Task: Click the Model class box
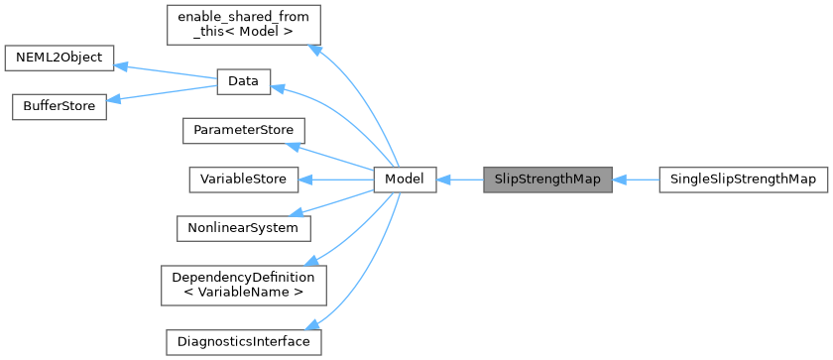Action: pyautogui.click(x=405, y=180)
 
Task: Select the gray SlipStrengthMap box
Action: pyautogui.click(x=546, y=180)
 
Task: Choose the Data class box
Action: pyautogui.click(x=243, y=82)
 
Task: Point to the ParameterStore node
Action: pyautogui.click(x=243, y=131)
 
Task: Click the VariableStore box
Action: pyautogui.click(x=243, y=180)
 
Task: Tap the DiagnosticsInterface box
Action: pyautogui.click(x=243, y=342)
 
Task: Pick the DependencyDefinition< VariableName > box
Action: pyautogui.click(x=243, y=285)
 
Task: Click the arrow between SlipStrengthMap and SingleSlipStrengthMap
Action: pyautogui.click(x=636, y=180)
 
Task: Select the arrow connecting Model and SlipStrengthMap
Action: pyautogui.click(x=458, y=180)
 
